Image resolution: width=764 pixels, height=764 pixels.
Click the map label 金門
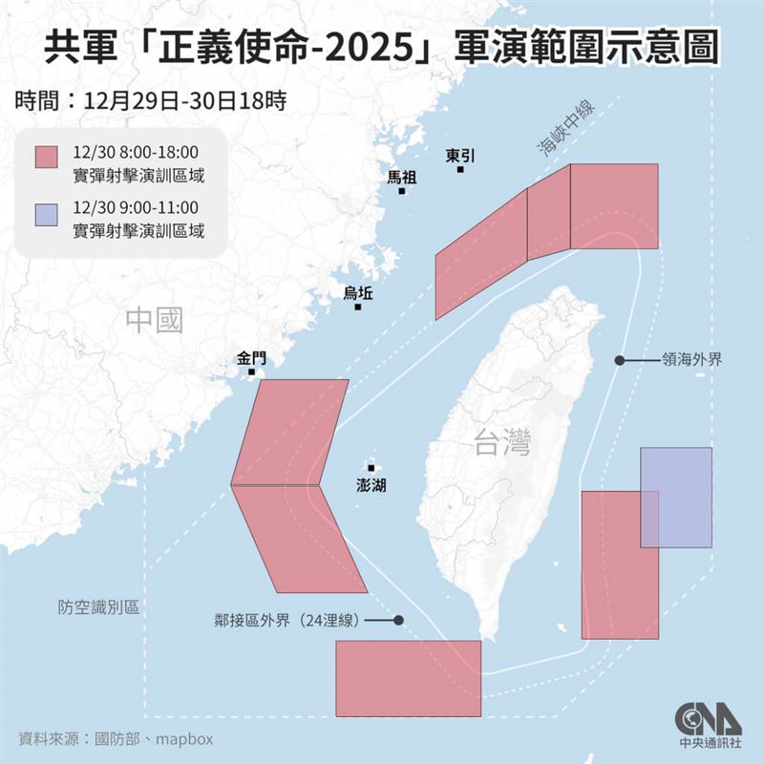(252, 359)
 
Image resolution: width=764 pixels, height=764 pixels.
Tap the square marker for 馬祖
(402, 191)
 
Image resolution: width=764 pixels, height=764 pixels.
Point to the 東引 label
(460, 155)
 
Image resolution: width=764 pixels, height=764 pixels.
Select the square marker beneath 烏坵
(358, 307)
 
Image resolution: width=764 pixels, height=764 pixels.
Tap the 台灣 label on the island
(501, 442)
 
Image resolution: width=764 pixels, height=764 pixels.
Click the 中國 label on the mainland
(154, 320)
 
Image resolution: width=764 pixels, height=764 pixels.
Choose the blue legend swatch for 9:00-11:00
(47, 215)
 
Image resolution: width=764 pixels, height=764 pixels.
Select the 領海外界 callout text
(692, 361)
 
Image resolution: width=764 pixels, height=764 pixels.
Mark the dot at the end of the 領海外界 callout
(619, 361)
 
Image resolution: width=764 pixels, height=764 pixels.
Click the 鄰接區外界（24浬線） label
(286, 620)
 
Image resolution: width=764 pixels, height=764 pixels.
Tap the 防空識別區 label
(97, 607)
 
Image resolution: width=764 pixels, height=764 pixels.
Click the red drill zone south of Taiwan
(408, 678)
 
